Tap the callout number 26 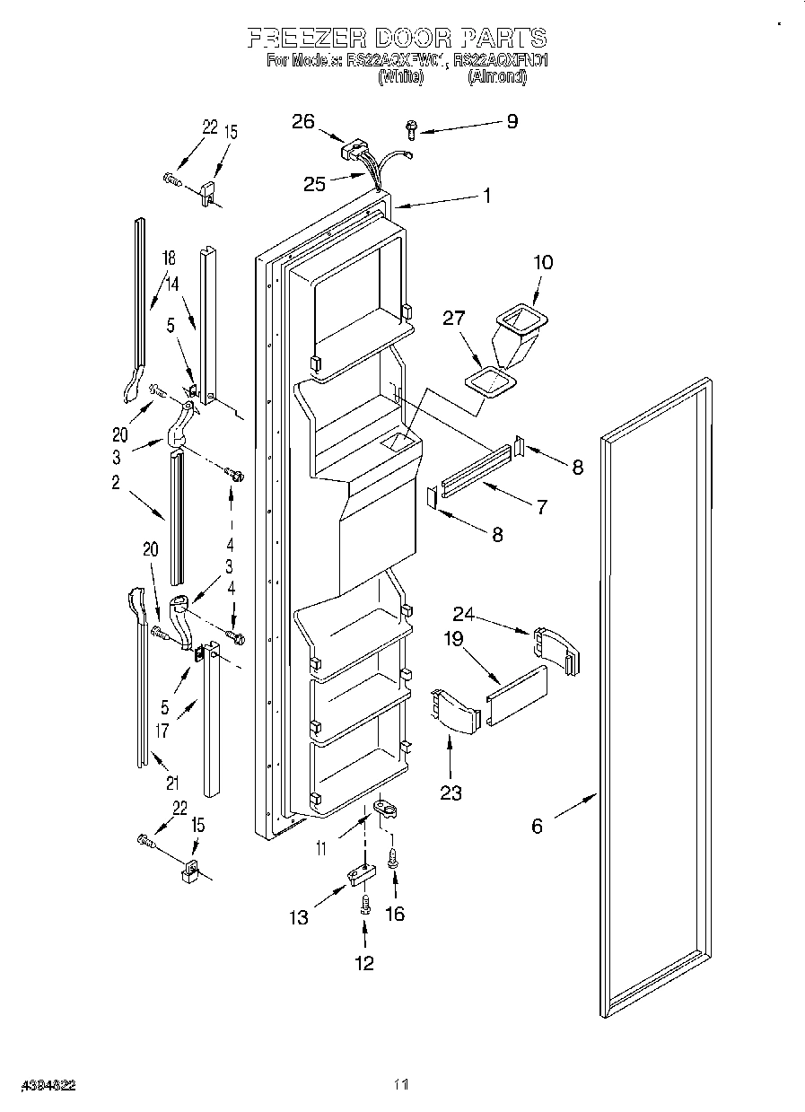[303, 121]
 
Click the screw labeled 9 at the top [412, 130]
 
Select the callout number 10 [543, 262]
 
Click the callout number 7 [541, 508]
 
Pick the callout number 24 [463, 615]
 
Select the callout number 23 [451, 792]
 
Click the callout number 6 [537, 827]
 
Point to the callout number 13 [298, 917]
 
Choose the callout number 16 [394, 914]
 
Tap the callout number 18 [168, 258]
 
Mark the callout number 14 [172, 283]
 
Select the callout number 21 [171, 782]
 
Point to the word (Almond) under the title [497, 78]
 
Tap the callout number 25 [314, 184]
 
